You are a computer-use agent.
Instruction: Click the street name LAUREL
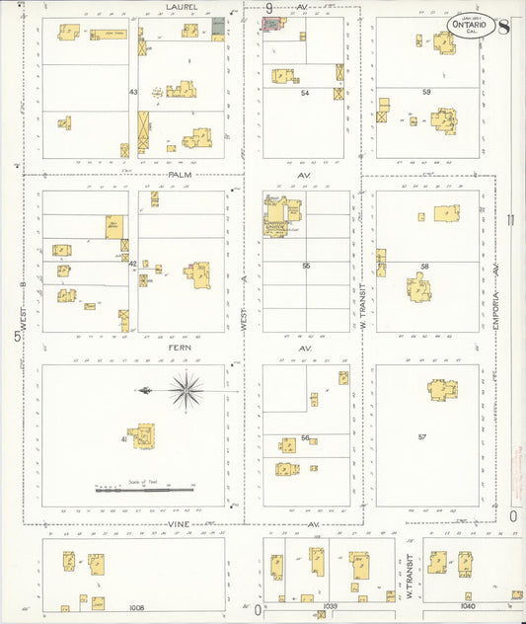(x=182, y=7)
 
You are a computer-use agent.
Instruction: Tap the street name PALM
(x=179, y=175)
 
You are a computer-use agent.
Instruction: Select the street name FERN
(x=180, y=350)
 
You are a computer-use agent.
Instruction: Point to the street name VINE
(x=179, y=522)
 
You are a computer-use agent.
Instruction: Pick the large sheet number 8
(x=503, y=26)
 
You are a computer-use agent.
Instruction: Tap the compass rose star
(x=185, y=392)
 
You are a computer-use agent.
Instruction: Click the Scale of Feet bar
(x=145, y=489)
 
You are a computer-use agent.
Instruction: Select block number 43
(x=132, y=92)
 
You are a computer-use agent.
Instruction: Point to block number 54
(x=305, y=93)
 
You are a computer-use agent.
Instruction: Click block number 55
(x=306, y=266)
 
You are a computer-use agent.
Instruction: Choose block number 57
(x=422, y=436)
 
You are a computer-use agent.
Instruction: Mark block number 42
(x=132, y=264)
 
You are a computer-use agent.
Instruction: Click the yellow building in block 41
(x=143, y=435)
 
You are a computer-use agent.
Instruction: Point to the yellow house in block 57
(x=441, y=391)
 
